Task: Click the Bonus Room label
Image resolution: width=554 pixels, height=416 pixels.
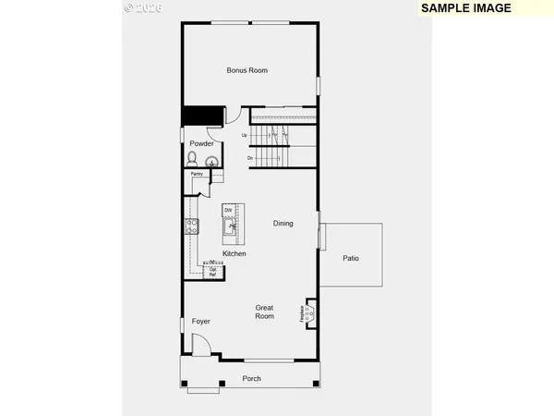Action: coord(247,70)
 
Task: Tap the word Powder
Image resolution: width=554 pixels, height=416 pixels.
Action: coord(202,143)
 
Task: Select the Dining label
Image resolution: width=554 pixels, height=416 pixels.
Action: coord(283,223)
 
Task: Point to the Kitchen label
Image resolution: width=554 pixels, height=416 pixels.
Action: coord(234,253)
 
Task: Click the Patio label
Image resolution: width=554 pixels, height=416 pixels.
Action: coord(351,258)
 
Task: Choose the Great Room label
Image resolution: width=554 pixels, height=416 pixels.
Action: coord(265,312)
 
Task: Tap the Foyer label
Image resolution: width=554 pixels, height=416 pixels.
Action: coord(201,321)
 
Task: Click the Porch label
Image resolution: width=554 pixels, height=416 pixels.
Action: coord(251,378)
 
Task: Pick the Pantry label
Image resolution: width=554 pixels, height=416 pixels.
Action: coord(197,174)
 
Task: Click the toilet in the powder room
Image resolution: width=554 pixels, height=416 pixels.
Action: coord(192,159)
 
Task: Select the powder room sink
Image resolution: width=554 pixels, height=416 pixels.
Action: coord(212,162)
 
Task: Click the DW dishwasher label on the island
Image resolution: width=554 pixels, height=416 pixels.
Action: coord(228,211)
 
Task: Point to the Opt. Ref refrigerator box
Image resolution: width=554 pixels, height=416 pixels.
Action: coord(212,270)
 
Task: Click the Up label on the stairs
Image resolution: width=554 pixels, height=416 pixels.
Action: coord(245,136)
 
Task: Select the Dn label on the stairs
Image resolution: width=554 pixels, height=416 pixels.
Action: coord(249,158)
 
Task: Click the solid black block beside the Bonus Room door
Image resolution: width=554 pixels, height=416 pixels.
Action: coord(202,115)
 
